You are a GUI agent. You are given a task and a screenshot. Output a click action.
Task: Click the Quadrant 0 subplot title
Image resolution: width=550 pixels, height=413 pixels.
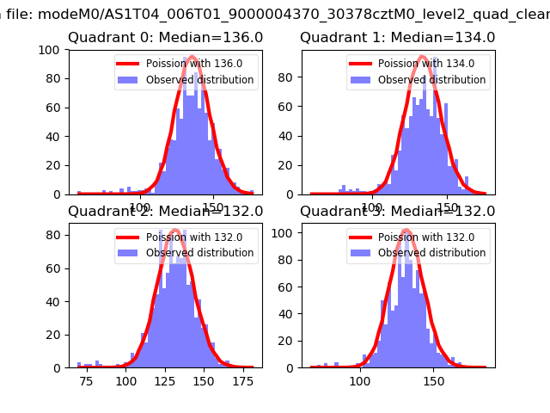166,38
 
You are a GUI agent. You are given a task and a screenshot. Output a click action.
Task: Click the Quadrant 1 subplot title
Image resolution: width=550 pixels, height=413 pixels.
397,38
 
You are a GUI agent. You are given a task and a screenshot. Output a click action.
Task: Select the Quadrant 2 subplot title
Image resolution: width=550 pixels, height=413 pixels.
166,212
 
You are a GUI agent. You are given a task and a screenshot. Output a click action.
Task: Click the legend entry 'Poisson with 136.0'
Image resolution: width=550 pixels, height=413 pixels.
185,63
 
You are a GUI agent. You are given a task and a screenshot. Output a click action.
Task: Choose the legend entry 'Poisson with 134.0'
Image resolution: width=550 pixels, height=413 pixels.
417,63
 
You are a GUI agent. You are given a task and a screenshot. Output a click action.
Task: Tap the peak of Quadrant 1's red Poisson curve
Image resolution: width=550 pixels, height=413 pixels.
422,58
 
